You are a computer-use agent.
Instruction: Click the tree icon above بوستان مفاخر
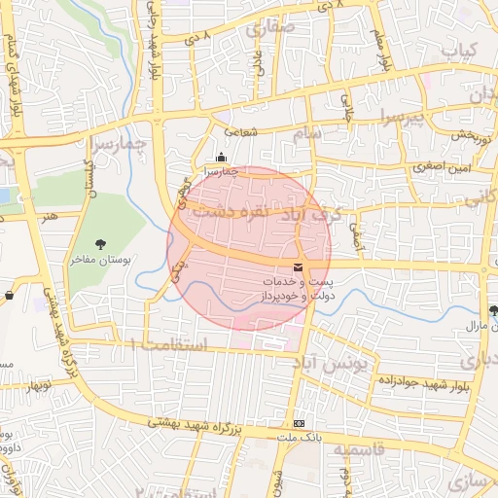pos(100,243)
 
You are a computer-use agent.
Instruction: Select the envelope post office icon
pos(298,267)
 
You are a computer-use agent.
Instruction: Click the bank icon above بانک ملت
pos(299,424)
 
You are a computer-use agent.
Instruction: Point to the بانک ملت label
pos(299,439)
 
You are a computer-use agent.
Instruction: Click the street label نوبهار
pos(40,385)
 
